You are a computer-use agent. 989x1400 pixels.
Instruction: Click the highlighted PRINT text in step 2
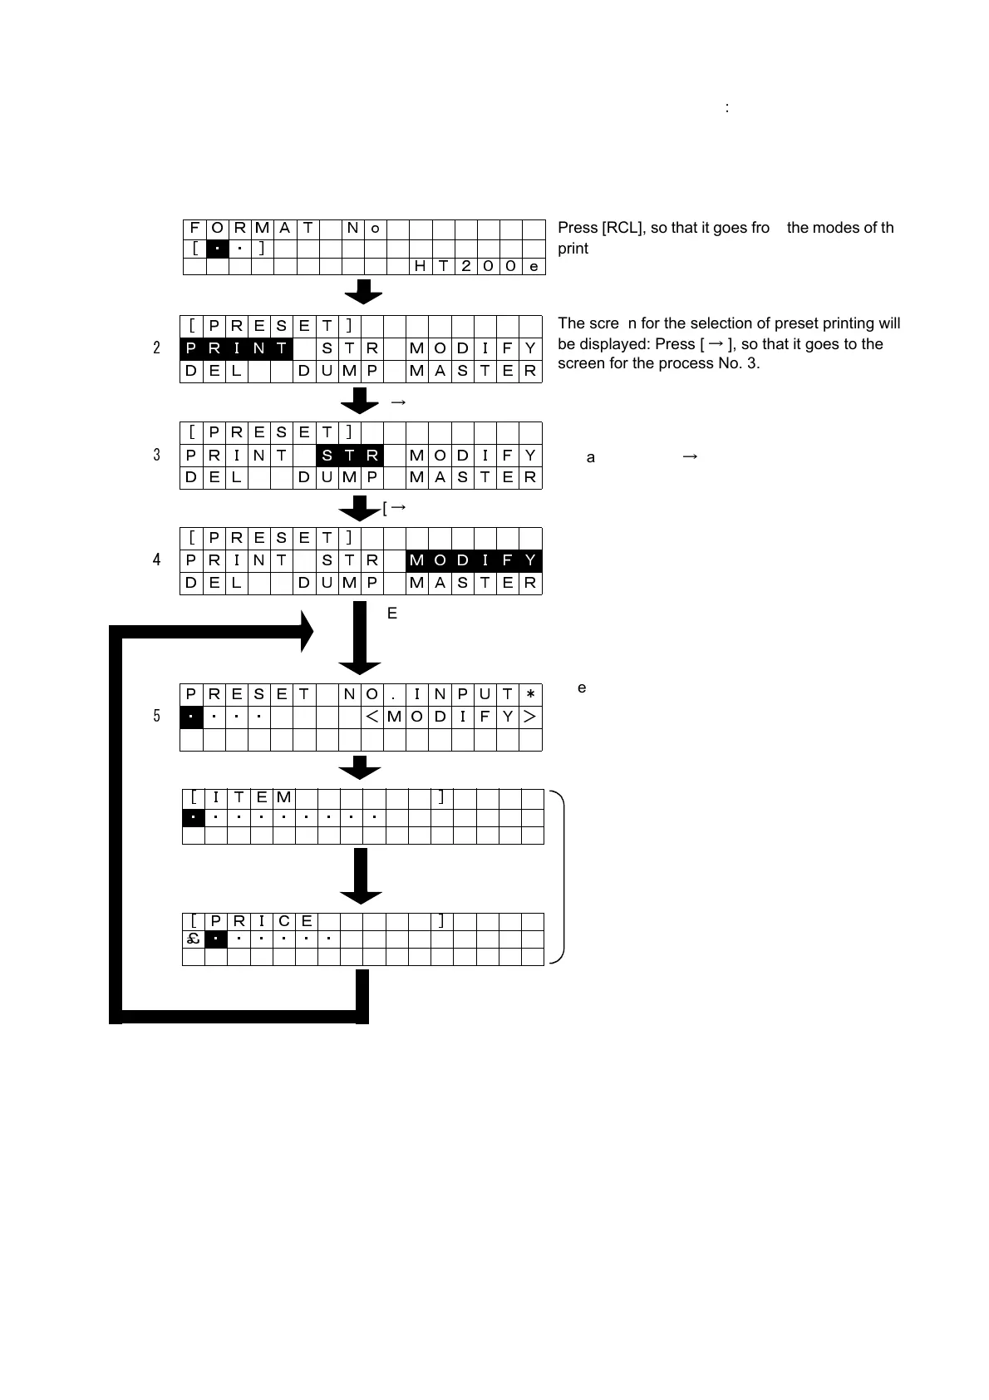click(236, 348)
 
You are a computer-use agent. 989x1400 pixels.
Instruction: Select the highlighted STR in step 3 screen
click(349, 455)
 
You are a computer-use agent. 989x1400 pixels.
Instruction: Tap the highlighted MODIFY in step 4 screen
click(474, 560)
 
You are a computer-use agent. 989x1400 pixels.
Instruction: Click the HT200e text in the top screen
click(477, 266)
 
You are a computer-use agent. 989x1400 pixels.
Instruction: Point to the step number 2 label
click(156, 348)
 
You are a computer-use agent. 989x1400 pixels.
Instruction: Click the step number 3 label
click(156, 455)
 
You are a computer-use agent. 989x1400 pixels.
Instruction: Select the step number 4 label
click(156, 560)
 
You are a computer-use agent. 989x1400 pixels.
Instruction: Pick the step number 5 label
click(156, 716)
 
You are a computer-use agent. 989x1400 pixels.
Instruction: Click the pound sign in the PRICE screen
click(193, 939)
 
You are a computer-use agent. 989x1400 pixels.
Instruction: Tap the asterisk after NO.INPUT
click(530, 694)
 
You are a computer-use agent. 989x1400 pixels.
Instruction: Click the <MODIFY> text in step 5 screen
click(451, 717)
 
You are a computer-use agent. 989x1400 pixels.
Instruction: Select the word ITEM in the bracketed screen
click(249, 798)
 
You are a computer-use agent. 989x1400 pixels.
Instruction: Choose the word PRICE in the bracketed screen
click(261, 921)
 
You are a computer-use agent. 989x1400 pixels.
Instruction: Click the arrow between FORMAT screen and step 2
click(363, 292)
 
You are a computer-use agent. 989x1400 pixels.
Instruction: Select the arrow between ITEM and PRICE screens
click(361, 875)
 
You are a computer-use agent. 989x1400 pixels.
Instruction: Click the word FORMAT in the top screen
click(250, 228)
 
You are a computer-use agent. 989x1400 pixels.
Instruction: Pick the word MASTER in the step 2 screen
click(474, 371)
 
